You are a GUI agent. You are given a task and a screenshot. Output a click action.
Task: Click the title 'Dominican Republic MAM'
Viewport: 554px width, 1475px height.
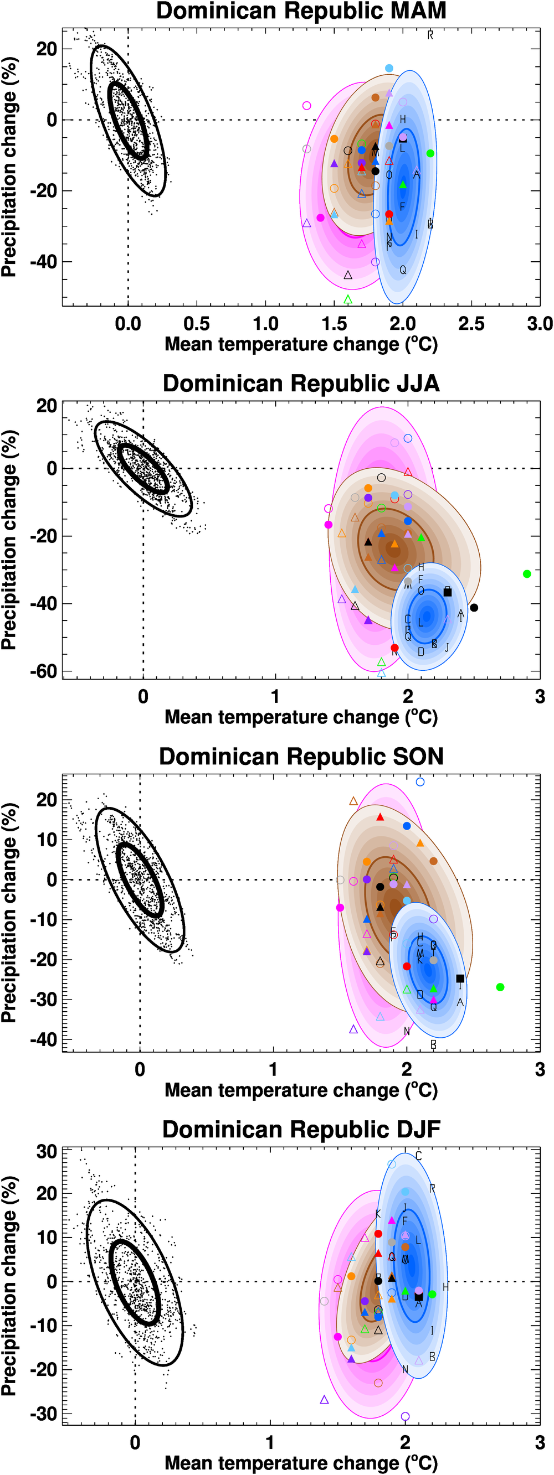[301, 12]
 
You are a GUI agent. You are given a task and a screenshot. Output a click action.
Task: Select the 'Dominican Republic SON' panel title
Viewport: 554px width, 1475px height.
[301, 757]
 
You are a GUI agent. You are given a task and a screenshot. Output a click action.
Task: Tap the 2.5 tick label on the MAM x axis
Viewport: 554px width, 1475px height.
[471, 324]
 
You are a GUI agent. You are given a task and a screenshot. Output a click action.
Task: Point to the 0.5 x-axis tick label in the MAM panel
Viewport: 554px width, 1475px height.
[196, 324]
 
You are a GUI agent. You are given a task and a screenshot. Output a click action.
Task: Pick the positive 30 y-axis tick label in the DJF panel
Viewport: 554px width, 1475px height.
[47, 1151]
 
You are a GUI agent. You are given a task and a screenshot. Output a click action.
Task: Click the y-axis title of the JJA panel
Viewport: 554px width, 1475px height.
[9, 540]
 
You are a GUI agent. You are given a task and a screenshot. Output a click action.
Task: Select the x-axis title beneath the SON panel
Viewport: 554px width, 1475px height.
[301, 1090]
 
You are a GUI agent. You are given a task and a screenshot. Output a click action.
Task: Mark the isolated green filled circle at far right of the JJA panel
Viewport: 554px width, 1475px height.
[527, 574]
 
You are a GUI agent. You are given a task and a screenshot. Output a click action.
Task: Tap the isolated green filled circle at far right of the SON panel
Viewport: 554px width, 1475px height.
[500, 987]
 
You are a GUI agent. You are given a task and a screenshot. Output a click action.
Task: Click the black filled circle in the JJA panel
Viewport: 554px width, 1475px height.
[474, 608]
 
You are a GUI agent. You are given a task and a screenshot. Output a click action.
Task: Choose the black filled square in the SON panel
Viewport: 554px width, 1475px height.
[460, 979]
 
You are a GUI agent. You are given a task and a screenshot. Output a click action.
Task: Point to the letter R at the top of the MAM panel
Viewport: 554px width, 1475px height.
[430, 35]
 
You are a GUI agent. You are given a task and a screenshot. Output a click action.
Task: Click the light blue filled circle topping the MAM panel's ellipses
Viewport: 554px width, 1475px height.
[389, 68]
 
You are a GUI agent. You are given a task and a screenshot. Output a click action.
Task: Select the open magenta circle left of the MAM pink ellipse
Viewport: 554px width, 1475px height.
[306, 105]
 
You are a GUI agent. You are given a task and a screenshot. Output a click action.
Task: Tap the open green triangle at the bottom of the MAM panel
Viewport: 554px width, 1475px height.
[348, 299]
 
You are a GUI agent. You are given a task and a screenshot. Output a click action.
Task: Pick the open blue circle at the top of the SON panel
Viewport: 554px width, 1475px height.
[420, 782]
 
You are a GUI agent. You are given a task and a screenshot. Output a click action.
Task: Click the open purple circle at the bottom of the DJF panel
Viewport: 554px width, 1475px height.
[405, 1416]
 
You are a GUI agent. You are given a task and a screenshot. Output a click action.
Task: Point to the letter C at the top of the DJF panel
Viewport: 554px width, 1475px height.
[418, 1156]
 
